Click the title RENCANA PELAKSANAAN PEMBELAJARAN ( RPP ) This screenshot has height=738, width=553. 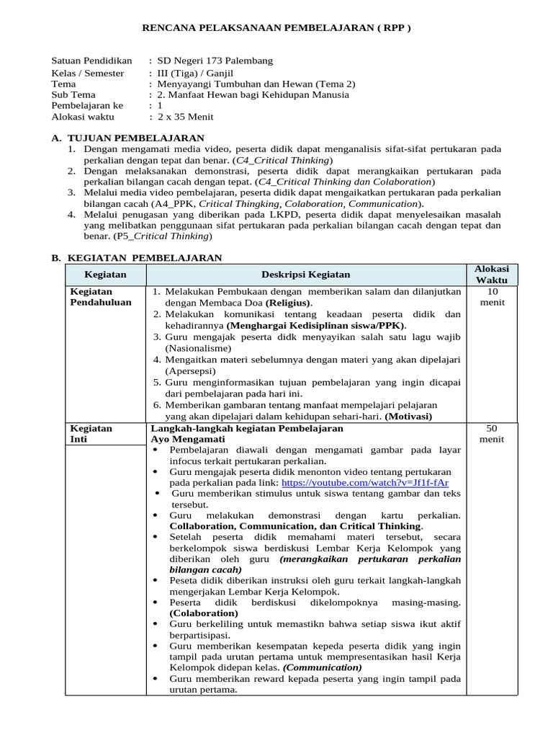click(276, 28)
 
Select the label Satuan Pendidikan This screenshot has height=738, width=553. click(91, 61)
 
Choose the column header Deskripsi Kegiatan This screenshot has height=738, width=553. click(306, 275)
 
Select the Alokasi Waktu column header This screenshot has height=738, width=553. click(492, 274)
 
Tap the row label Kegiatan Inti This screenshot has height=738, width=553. click(91, 433)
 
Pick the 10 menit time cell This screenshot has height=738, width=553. click(492, 297)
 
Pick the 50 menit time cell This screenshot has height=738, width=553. click(492, 433)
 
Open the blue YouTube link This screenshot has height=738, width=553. click(365, 482)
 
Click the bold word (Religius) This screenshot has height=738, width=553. click(289, 303)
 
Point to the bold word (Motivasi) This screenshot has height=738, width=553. click(408, 416)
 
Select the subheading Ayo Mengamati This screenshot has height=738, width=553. click(188, 439)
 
